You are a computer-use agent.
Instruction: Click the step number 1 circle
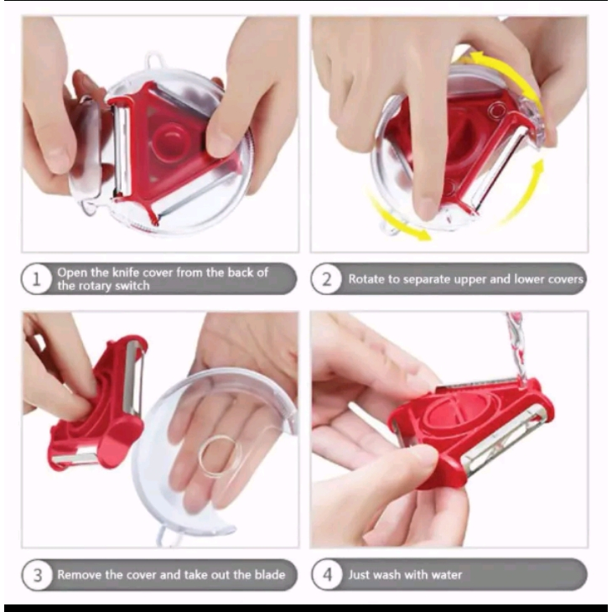pos(36,278)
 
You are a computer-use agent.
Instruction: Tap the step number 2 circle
pos(326,279)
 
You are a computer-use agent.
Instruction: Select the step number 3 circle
pos(37,574)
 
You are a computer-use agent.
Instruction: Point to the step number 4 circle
pos(327,574)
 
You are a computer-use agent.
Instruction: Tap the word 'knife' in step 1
pos(126,272)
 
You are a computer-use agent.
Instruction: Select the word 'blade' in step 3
pos(270,574)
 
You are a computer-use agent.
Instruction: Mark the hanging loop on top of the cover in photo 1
pos(154,60)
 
